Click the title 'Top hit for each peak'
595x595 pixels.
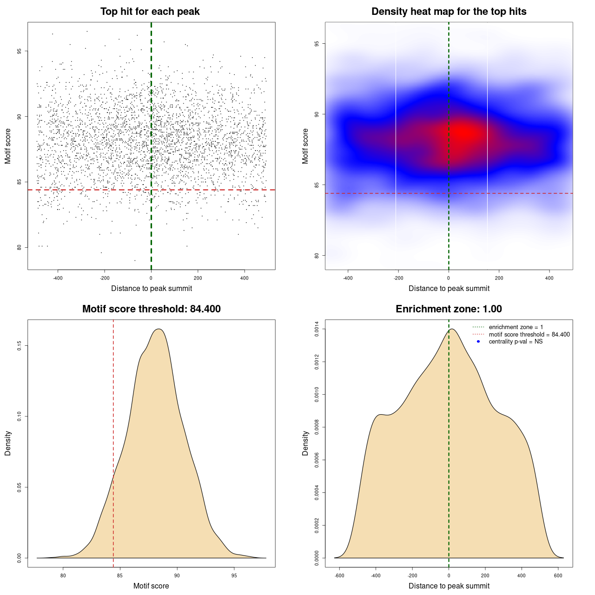point(150,12)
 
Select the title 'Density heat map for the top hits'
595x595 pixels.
point(449,12)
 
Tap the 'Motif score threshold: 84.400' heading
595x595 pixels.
point(151,309)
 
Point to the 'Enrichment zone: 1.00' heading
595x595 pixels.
point(449,309)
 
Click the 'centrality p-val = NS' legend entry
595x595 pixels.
point(516,342)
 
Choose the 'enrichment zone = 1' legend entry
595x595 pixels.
point(516,327)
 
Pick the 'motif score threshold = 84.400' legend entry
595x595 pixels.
point(529,335)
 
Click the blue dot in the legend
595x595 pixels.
point(478,342)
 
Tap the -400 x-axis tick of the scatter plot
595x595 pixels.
point(58,278)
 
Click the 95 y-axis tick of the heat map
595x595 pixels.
point(317,44)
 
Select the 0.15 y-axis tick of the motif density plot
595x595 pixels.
point(19,346)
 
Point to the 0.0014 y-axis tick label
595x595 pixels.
point(317,329)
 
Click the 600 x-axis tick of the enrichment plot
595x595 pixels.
point(558,575)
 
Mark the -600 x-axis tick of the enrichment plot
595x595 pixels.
point(339,575)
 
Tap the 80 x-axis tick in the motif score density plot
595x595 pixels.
point(63,575)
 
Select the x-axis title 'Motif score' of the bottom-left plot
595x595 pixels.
point(151,586)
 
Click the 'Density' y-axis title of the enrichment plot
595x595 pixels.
point(305,443)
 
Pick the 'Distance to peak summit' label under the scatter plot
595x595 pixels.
point(152,288)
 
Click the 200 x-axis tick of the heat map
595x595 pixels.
point(499,278)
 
